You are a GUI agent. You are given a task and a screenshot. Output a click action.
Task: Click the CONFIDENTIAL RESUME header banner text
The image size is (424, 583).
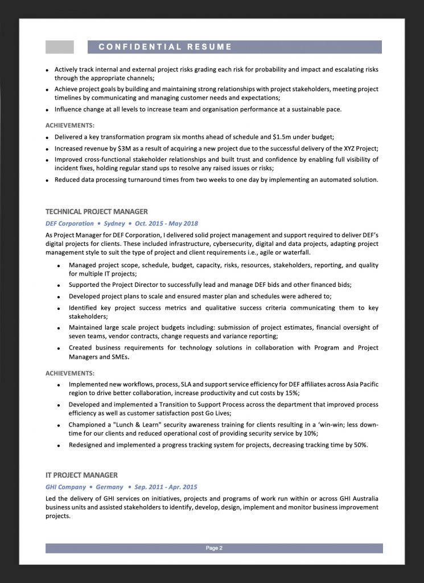point(165,47)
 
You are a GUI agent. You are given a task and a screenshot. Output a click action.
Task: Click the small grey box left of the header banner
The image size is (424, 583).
point(59,47)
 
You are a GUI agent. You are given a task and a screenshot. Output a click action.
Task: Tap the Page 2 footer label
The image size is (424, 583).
point(214,548)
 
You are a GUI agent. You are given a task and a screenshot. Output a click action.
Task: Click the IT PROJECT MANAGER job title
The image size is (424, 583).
point(81,475)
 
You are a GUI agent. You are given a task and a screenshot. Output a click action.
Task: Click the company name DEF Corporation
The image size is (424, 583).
point(69,224)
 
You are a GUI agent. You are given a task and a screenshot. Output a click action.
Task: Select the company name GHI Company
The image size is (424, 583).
point(65,487)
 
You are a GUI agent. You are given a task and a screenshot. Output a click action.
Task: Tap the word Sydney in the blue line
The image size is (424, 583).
point(114,224)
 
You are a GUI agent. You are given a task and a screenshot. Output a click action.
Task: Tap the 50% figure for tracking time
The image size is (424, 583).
point(360,445)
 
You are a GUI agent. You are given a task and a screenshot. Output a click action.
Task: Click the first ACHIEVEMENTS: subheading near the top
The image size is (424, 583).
point(70,125)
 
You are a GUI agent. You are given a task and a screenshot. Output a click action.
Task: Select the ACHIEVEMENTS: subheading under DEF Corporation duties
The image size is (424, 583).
point(70,373)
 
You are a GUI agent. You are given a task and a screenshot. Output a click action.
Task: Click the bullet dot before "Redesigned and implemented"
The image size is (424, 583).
point(60,445)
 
